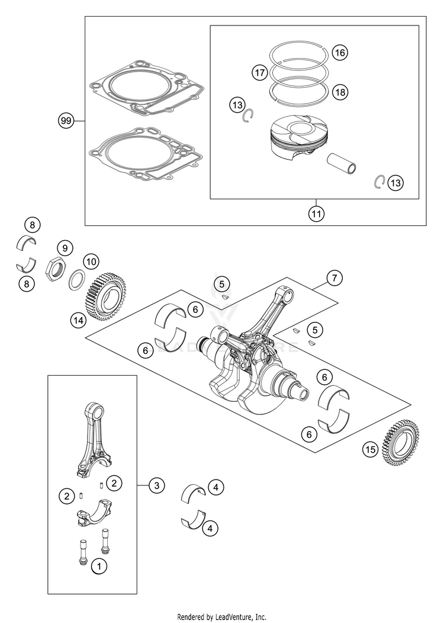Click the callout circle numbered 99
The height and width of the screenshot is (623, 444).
coord(66,121)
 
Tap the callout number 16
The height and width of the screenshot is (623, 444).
coord(339,53)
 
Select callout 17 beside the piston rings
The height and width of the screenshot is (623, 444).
coord(259,73)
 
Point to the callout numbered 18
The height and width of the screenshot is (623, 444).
coord(340,92)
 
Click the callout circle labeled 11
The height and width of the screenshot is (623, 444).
coord(317,213)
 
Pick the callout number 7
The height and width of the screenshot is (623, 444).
coord(334,277)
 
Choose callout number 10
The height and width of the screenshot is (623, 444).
coord(91,261)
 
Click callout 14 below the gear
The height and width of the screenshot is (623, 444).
coord(78,320)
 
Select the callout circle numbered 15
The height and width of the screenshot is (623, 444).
coord(371,450)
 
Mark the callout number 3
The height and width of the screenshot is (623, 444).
coord(156,485)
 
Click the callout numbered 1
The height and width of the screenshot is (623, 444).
coord(99,566)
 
